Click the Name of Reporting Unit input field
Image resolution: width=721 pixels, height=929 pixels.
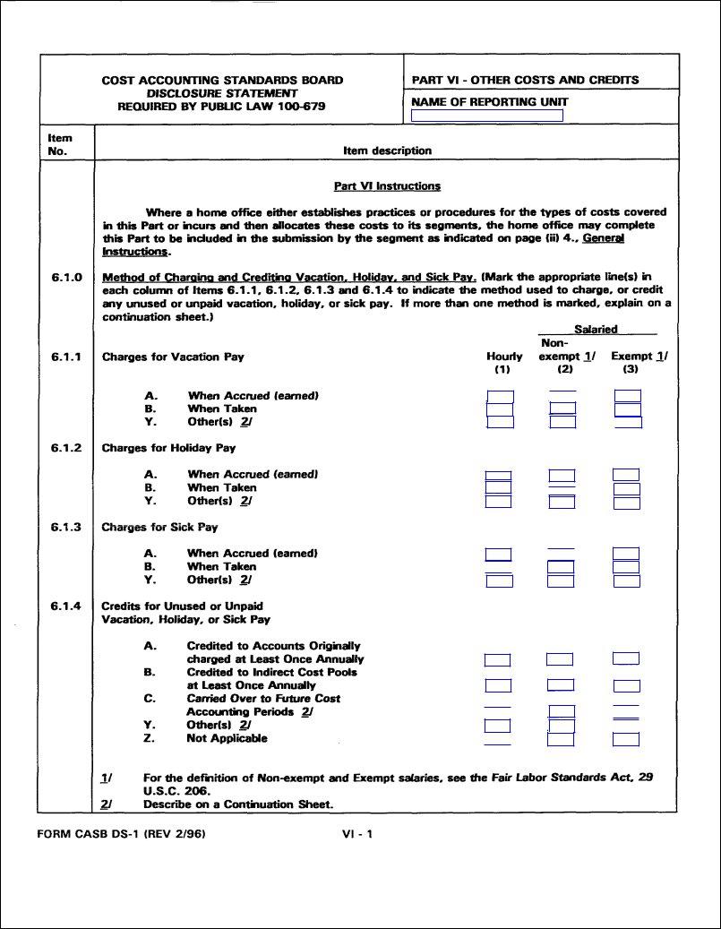(x=487, y=116)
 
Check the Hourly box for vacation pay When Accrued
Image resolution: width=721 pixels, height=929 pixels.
(x=500, y=397)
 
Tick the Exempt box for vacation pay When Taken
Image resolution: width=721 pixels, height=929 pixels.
(x=628, y=409)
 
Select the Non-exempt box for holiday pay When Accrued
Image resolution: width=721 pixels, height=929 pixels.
(x=562, y=476)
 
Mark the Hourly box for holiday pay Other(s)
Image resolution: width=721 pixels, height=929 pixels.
(x=498, y=502)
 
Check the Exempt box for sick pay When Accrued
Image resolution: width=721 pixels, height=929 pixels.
(x=626, y=554)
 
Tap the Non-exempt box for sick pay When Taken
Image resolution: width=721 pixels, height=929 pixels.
(x=562, y=567)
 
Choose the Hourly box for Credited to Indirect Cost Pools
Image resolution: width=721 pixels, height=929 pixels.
(x=498, y=685)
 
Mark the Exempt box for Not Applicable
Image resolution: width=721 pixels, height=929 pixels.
(x=626, y=739)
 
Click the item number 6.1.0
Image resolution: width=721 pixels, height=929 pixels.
(x=66, y=277)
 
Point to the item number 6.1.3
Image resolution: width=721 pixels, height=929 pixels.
(x=66, y=527)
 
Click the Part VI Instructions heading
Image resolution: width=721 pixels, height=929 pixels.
(x=387, y=186)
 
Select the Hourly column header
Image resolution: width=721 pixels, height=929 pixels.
(x=504, y=357)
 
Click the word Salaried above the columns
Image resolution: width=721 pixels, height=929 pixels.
(x=596, y=330)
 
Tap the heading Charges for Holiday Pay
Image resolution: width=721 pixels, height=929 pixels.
(x=168, y=448)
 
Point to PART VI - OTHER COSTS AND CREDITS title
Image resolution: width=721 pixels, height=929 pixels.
(x=525, y=80)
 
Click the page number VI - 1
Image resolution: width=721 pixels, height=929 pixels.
(x=357, y=834)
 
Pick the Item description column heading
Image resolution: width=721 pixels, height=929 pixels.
(x=387, y=151)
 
